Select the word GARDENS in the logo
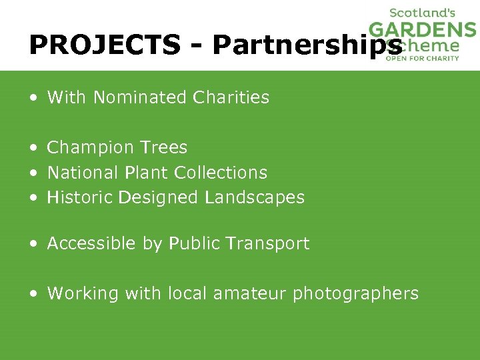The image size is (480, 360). (x=423, y=30)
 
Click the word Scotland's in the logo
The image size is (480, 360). (x=422, y=13)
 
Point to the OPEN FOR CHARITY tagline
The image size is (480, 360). (x=423, y=58)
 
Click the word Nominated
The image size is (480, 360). (x=140, y=97)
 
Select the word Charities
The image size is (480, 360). (x=231, y=97)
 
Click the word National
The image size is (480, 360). (x=83, y=173)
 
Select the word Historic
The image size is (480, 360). (x=80, y=197)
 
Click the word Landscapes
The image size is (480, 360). (x=255, y=197)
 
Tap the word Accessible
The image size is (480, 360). (x=91, y=244)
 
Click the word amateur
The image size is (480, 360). (x=250, y=293)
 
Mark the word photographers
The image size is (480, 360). (x=356, y=294)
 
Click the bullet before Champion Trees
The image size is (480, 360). (x=33, y=148)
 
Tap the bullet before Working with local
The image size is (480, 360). (x=33, y=294)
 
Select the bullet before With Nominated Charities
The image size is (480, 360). (x=33, y=98)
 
